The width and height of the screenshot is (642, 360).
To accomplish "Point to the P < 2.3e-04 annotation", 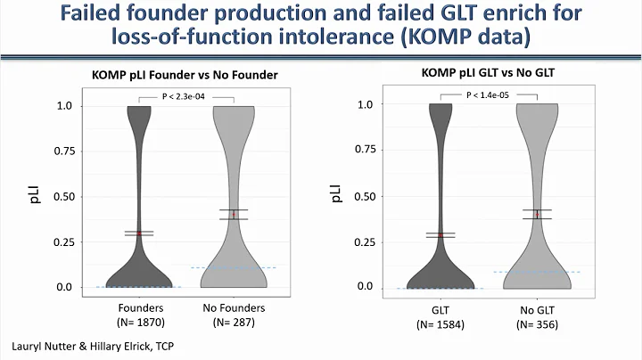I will click(188, 95).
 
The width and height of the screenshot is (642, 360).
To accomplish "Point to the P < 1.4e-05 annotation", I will click(490, 94).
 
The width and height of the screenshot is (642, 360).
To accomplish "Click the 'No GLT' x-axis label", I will click(538, 306).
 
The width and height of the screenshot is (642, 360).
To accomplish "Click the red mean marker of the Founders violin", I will click(138, 233).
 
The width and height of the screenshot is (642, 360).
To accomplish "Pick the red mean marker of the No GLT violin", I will click(537, 214).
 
